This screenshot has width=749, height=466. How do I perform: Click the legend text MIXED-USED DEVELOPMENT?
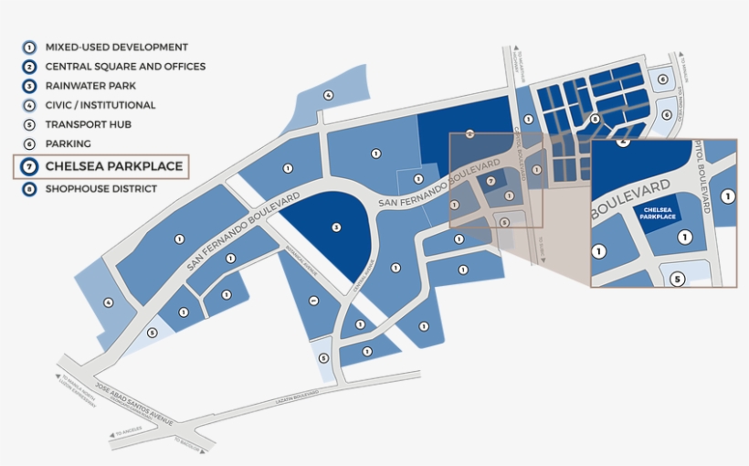(x=116, y=48)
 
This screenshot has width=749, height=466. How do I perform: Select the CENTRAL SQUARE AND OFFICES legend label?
(x=125, y=67)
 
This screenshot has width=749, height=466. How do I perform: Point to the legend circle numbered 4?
(x=29, y=105)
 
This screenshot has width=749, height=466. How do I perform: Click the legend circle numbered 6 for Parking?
(x=29, y=143)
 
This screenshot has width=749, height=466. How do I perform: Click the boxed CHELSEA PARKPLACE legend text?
(x=114, y=166)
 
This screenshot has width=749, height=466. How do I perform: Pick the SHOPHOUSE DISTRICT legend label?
(x=100, y=189)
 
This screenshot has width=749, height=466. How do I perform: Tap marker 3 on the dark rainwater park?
(x=337, y=227)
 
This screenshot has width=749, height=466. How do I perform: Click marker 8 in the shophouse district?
(x=595, y=119)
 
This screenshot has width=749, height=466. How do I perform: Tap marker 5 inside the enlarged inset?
(x=678, y=280)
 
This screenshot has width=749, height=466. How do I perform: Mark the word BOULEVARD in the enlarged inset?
(x=630, y=199)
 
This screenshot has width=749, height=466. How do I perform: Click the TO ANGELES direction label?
(x=128, y=432)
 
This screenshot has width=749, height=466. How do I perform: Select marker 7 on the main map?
(x=491, y=181)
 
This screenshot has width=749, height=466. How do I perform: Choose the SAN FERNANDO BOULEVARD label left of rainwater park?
(x=244, y=231)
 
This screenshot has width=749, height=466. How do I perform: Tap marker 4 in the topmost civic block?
(x=328, y=94)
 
